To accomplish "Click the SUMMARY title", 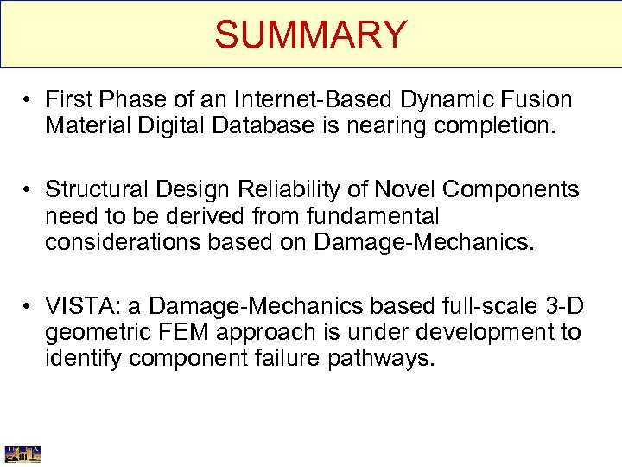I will (310, 35).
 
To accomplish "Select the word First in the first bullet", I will (67, 99).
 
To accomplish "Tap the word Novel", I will (402, 189).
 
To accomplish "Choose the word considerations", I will (124, 242).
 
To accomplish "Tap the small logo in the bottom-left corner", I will (23, 453).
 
